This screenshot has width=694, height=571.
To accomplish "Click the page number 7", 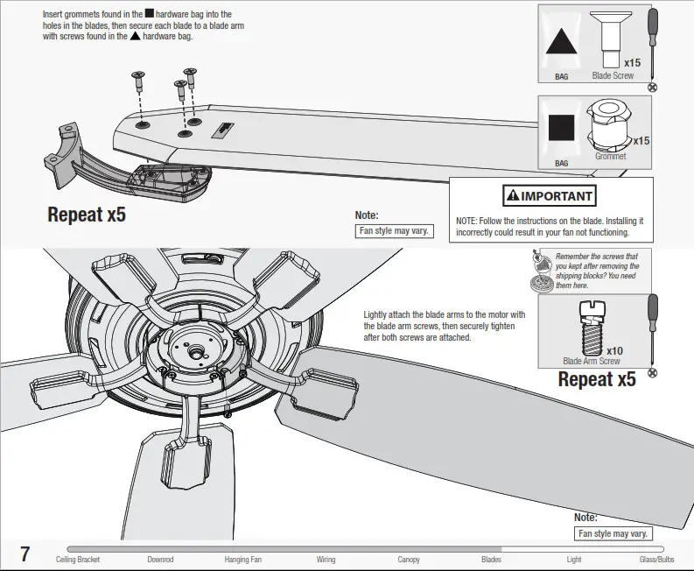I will coord(25,553).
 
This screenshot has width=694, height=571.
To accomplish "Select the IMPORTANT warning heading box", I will coord(549,195).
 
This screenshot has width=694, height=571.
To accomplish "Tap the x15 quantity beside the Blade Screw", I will coord(632,62).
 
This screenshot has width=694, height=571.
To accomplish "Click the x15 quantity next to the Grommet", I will coord(641,140).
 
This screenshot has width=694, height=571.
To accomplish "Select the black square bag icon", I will coord(562,129).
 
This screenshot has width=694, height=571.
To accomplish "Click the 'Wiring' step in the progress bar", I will coord(326,560).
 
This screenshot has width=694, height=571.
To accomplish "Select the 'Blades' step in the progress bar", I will coord(491,560).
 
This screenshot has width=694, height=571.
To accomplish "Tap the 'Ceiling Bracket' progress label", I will coord(78,560).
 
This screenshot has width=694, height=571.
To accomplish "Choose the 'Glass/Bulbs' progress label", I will coord(656,560).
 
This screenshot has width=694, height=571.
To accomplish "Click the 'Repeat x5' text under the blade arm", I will coord(87,214).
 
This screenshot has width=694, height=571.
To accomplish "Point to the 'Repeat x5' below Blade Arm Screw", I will coord(597,380).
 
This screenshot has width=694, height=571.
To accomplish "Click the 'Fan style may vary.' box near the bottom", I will coord(613,533).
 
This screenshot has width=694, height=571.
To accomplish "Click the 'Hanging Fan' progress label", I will coord(242,560).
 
